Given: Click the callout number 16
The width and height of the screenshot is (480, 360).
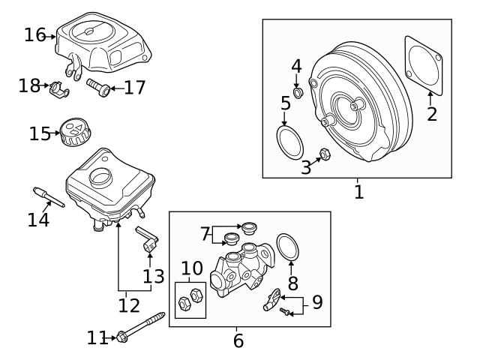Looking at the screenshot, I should (34, 34).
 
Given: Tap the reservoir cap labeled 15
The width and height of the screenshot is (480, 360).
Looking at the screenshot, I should (75, 133).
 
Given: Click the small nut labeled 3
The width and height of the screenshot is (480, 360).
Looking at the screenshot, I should (325, 155).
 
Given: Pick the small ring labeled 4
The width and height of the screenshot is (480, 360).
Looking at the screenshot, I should (297, 93).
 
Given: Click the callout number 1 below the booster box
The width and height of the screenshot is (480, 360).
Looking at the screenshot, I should (358, 192).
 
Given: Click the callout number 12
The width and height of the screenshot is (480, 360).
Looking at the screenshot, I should (129, 305).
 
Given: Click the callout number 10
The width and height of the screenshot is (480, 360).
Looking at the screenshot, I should (192, 268).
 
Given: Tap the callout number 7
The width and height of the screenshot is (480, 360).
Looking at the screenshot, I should (205, 234).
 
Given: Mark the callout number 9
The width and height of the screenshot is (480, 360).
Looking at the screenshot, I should (317, 303).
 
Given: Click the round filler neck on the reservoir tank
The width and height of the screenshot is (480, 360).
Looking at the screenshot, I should (100, 178).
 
